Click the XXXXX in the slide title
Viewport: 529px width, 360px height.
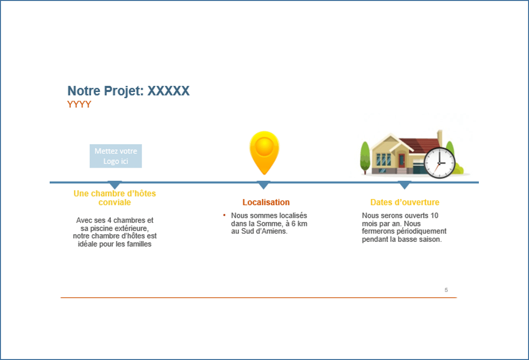pos(169,91)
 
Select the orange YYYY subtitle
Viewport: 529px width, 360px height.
pos(79,104)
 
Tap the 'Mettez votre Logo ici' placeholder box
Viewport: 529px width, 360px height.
pos(116,156)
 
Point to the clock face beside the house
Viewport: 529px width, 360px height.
pos(440,163)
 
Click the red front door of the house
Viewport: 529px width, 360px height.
pos(402,160)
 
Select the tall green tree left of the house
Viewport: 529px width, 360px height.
pos(365,158)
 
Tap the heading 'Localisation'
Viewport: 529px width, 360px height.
pos(266,202)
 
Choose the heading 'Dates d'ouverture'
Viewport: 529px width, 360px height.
pos(405,202)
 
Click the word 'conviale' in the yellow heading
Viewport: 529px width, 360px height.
pos(115,202)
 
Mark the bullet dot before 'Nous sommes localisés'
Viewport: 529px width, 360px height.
pos(224,215)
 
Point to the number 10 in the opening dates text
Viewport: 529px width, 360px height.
pos(434,215)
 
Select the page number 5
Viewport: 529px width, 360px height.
pos(446,290)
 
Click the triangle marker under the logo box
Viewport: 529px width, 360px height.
pos(115,185)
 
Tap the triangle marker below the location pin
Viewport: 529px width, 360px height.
pos(263,185)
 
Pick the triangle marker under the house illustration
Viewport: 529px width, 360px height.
pos(404,185)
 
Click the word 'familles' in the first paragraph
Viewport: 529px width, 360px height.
pos(139,244)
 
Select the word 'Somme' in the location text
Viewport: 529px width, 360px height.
pos(269,224)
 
